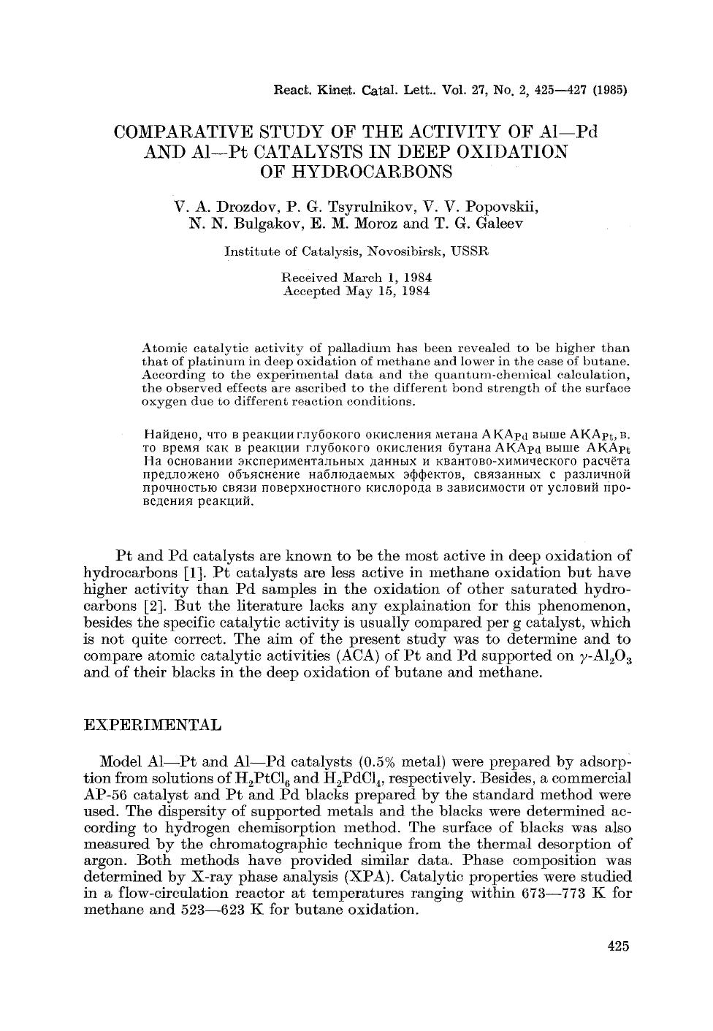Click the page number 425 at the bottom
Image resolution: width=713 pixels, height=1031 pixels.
[x=617, y=947]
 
